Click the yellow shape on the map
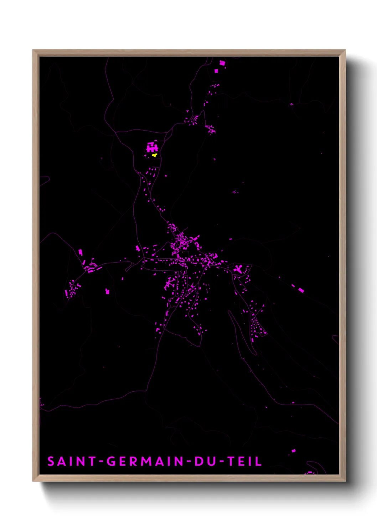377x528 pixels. [154, 155]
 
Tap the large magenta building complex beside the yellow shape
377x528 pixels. [153, 147]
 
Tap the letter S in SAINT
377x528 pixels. [51, 461]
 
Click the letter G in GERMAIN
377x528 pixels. [112, 461]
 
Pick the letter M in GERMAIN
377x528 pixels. [146, 461]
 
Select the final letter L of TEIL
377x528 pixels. [259, 461]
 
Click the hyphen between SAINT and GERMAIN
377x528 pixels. [101, 462]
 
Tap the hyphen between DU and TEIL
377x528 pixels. [222, 462]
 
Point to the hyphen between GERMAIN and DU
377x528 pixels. [189, 462]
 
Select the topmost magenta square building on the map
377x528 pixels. [222, 63]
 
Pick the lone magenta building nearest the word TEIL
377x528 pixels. [293, 451]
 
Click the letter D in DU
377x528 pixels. [198, 461]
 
